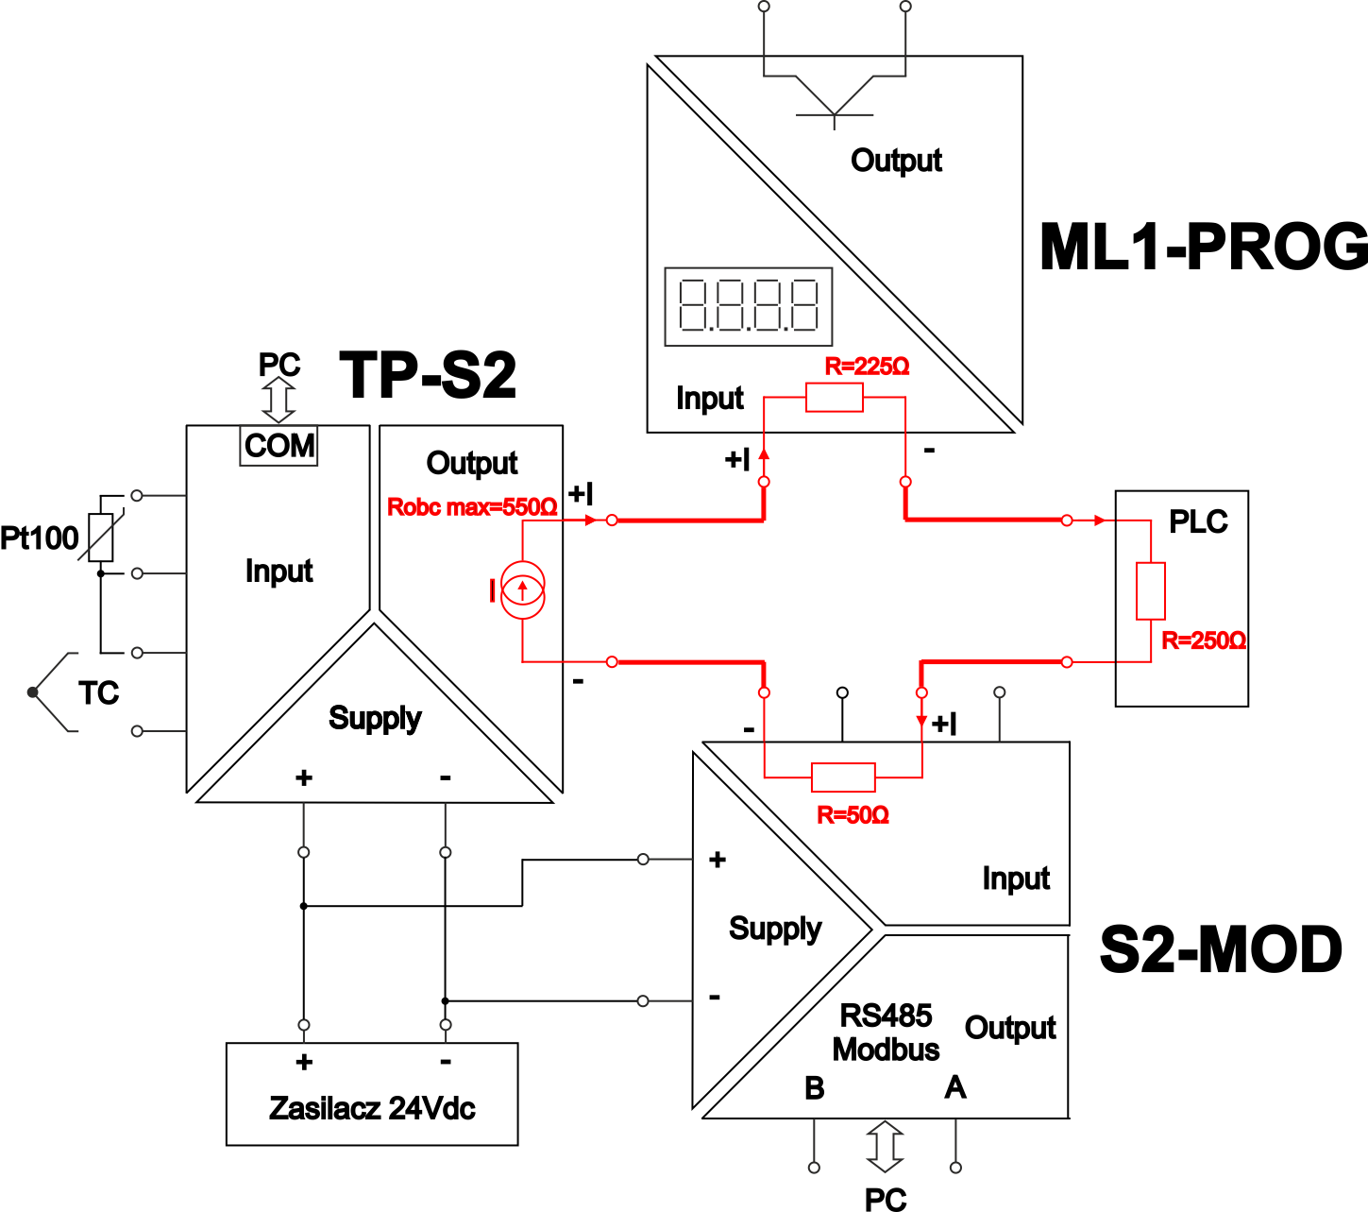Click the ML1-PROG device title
[1204, 247]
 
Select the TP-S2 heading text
[428, 375]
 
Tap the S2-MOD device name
[1221, 950]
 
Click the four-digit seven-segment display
[748, 307]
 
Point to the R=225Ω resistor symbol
[835, 398]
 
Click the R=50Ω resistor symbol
[843, 777]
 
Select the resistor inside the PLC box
[1151, 591]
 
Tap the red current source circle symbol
[523, 589]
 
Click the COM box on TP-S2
[279, 446]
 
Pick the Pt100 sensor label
[39, 538]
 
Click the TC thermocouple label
[98, 693]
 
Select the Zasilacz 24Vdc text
[372, 1109]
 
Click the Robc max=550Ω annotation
[472, 506]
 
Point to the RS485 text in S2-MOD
[886, 1016]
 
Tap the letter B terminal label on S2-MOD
[815, 1088]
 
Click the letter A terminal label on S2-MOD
[955, 1087]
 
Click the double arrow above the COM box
[279, 400]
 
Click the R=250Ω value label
[1203, 640]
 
